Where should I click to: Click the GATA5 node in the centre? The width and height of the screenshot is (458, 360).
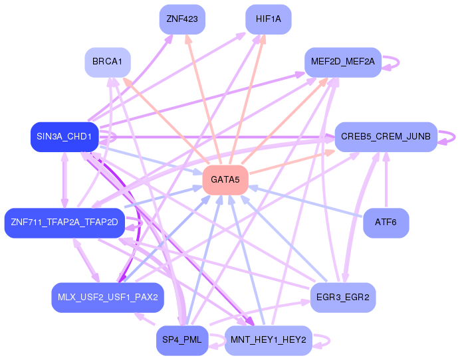[225, 180]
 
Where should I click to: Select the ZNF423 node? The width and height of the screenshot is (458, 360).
[181, 19]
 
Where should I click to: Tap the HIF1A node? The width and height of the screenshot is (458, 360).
[268, 19]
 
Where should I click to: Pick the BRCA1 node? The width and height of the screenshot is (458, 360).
[107, 62]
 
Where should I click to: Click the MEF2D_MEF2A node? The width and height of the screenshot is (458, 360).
[343, 62]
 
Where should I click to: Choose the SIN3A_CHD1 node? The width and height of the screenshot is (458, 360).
[64, 137]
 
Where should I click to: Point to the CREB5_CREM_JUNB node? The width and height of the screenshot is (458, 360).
[386, 137]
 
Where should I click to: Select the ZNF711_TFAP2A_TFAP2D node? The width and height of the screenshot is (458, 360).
[64, 223]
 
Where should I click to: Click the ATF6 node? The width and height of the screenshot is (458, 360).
[386, 223]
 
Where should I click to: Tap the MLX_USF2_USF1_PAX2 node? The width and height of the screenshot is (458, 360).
[107, 297]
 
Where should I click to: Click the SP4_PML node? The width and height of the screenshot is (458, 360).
[181, 340]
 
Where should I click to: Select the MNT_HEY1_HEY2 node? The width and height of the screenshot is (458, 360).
[268, 340]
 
